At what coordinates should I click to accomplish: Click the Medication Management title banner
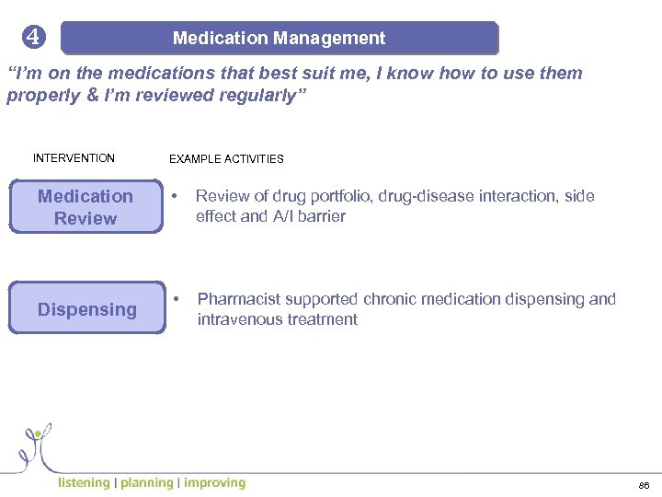coord(279,39)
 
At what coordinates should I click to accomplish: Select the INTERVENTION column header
coord(74,158)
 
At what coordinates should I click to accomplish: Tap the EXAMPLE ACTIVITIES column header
coord(226,159)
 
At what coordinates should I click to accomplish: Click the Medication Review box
coord(86,207)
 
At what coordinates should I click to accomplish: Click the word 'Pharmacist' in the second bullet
coord(235,300)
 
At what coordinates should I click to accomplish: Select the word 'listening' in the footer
coord(84,482)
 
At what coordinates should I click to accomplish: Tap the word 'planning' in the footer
coord(146,482)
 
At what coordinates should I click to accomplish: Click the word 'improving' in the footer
coord(214,482)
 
